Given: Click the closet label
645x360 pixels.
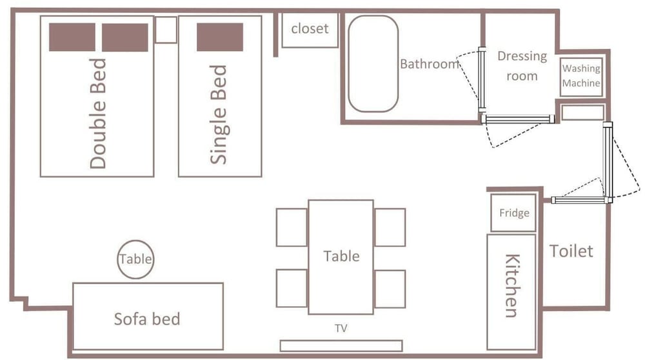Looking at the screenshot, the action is pyautogui.click(x=310, y=28).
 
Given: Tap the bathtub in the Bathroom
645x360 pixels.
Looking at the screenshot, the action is pyautogui.click(x=373, y=64).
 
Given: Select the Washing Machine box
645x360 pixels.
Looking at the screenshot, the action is pyautogui.click(x=581, y=77).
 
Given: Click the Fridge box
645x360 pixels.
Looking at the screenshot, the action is pyautogui.click(x=514, y=213).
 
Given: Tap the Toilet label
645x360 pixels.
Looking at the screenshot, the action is pyautogui.click(x=571, y=251).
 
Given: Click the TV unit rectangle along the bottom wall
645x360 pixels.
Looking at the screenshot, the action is pyautogui.click(x=341, y=346).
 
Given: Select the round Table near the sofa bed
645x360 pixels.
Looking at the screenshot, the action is pyautogui.click(x=135, y=259).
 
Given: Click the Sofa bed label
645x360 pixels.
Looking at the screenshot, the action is pyautogui.click(x=147, y=319).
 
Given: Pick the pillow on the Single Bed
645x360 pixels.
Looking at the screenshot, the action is pyautogui.click(x=220, y=37).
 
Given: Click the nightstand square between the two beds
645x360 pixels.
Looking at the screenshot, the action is pyautogui.click(x=166, y=30).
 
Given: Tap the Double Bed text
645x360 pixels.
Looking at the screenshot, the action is pyautogui.click(x=98, y=114).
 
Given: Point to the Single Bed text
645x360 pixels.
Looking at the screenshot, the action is pyautogui.click(x=219, y=115).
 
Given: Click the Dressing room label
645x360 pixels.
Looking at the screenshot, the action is pyautogui.click(x=522, y=66).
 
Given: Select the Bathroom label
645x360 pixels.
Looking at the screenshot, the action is pyautogui.click(x=430, y=64).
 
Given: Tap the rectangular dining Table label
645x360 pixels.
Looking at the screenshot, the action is pyautogui.click(x=341, y=256).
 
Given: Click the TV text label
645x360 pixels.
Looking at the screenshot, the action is pyautogui.click(x=341, y=328).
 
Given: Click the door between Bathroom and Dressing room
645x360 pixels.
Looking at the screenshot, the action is pyautogui.click(x=482, y=80).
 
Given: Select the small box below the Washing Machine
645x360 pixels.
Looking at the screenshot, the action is pyautogui.click(x=582, y=112).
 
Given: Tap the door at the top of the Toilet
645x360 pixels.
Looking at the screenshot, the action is pyautogui.click(x=580, y=201).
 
